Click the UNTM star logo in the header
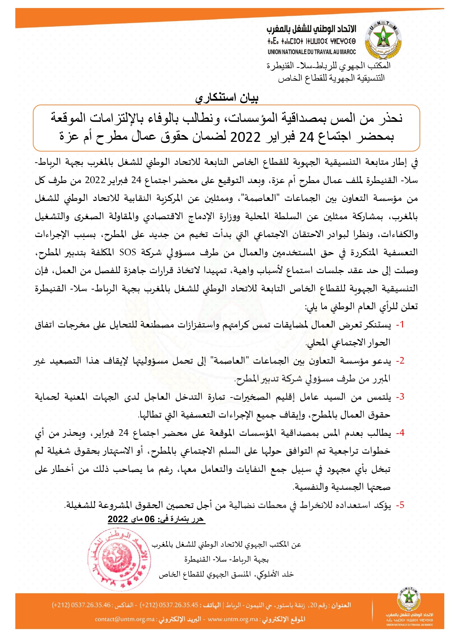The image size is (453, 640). click(x=383, y=40)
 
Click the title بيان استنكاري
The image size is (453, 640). click(x=227, y=98)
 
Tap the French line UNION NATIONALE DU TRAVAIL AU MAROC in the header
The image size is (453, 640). click(x=311, y=52)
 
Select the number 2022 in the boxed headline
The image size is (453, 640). click(x=245, y=137)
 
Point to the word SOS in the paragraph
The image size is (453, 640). click(x=128, y=252)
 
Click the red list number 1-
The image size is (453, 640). click(x=400, y=325)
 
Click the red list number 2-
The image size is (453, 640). click(x=400, y=361)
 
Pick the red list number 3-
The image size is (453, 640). click(x=400, y=397)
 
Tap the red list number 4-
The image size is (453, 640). click(x=400, y=433)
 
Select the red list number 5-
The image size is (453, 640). click(x=400, y=505)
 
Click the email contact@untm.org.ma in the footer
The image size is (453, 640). click(x=125, y=619)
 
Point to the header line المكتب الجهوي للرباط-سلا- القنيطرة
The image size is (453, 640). click(x=328, y=66)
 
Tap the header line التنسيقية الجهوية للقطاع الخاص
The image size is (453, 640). click(x=331, y=78)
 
